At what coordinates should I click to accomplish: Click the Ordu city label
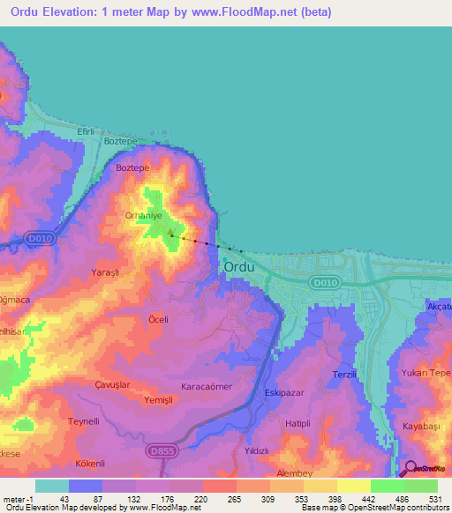point(239,267)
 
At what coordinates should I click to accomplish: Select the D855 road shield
point(159,450)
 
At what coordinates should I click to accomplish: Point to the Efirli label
point(86,131)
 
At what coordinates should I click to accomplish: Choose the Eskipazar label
point(283,394)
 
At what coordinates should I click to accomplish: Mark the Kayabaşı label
point(420,425)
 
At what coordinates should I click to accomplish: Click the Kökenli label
point(90,463)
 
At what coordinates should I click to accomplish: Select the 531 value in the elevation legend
point(434,500)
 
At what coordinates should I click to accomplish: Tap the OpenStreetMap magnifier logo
point(410,469)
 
